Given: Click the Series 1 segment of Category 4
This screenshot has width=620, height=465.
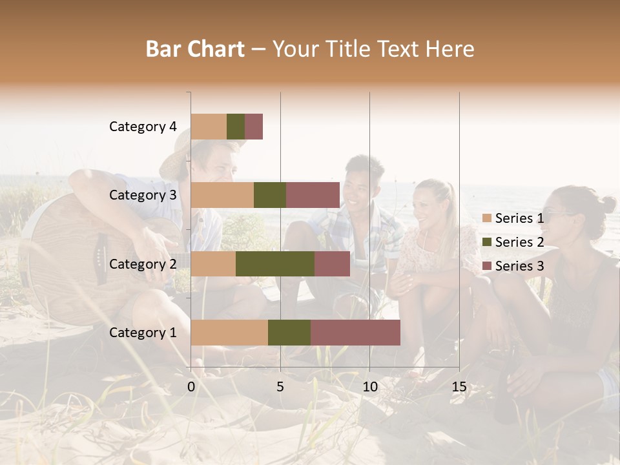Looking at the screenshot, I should pyautogui.click(x=209, y=127).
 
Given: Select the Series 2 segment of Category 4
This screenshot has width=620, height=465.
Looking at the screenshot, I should pyautogui.click(x=236, y=127).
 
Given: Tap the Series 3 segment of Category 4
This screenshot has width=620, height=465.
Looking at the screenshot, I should pyautogui.click(x=254, y=127).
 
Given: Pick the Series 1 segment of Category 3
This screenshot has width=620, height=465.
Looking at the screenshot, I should pyautogui.click(x=222, y=195).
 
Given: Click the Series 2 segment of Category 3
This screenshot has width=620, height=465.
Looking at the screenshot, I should pyautogui.click(x=270, y=195).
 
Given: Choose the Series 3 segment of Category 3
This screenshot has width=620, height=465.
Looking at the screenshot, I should pyautogui.click(x=313, y=195).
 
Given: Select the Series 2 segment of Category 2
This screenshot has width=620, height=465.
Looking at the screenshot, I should pyautogui.click(x=275, y=263).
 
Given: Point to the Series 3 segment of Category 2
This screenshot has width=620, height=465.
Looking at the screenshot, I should pyautogui.click(x=332, y=263).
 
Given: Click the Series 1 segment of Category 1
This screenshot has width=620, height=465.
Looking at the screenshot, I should pyautogui.click(x=229, y=333).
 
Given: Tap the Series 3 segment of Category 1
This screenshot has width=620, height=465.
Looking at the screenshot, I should pyautogui.click(x=355, y=333).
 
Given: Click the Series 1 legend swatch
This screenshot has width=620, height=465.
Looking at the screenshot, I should pyautogui.click(x=486, y=218).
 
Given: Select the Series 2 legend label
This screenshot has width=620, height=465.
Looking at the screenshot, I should pyautogui.click(x=519, y=242).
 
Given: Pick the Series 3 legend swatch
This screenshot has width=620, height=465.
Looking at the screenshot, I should pyautogui.click(x=486, y=266).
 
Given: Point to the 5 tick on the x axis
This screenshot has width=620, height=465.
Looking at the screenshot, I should pyautogui.click(x=280, y=387).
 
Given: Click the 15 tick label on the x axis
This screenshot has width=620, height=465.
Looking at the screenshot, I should pyautogui.click(x=459, y=387).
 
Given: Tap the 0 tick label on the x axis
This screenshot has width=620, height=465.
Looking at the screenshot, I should pyautogui.click(x=191, y=387).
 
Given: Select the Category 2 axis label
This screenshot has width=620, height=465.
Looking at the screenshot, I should pyautogui.click(x=143, y=263).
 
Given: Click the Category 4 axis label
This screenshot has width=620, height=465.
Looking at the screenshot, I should pyautogui.click(x=143, y=127).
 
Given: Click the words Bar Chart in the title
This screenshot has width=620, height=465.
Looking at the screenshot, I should pyautogui.click(x=195, y=49).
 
